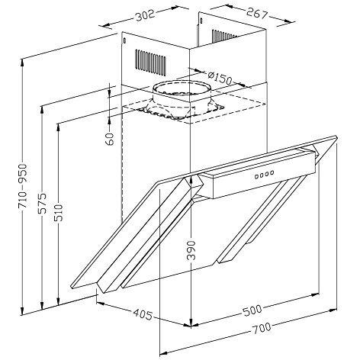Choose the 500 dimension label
pos(252,310)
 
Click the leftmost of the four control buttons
pos(255,177)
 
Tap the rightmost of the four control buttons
pos(272,173)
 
